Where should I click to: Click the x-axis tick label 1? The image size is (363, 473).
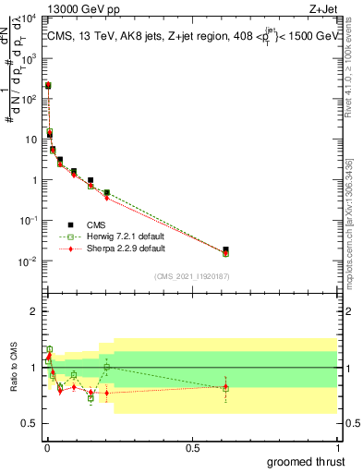[337, 448]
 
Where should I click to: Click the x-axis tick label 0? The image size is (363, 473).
[46, 448]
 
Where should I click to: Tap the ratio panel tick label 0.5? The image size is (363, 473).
[30, 423]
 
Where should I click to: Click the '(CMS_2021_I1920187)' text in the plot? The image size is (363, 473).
[190, 276]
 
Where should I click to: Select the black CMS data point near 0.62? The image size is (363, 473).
[226, 249]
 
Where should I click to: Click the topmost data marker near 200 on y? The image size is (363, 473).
[48, 85]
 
